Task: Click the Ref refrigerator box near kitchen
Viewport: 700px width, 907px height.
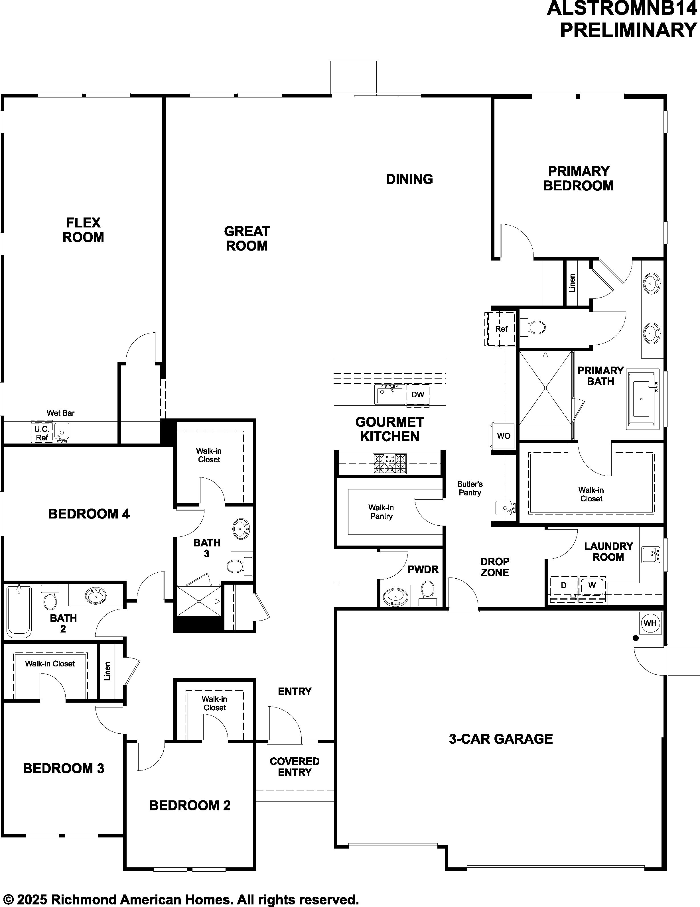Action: [501, 328]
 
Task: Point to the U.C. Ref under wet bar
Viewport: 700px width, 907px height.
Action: [42, 433]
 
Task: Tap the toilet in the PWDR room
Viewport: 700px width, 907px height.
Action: [427, 593]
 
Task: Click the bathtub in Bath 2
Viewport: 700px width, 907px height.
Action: [19, 612]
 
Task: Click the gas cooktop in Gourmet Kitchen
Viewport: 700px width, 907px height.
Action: [389, 463]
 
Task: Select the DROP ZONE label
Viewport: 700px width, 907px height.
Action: [495, 567]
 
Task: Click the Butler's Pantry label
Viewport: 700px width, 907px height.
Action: [470, 488]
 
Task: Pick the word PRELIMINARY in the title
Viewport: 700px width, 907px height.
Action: [628, 30]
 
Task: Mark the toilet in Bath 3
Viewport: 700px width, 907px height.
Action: [240, 566]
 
